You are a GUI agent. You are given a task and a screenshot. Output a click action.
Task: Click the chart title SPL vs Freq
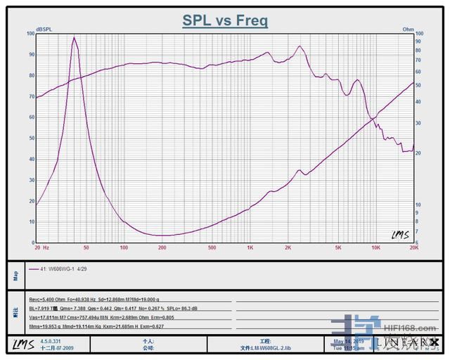(x=225, y=20)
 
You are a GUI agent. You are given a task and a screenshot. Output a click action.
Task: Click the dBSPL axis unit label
(x=44, y=30)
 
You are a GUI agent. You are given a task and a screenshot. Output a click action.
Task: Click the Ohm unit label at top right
(x=408, y=30)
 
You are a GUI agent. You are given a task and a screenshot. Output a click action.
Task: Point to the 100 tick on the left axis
(x=30, y=34)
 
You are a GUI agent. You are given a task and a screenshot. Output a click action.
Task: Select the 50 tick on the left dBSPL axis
(x=31, y=139)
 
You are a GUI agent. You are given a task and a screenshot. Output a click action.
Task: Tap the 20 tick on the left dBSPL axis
(x=31, y=201)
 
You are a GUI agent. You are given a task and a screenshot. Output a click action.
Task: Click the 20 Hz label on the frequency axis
(x=41, y=247)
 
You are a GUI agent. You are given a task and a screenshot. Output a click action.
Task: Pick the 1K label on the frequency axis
(x=250, y=247)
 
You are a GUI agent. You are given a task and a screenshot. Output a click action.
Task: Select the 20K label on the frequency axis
(x=413, y=247)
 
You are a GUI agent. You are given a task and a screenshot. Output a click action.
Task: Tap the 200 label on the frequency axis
(x=162, y=247)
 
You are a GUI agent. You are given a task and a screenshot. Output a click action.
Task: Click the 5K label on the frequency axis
(x=338, y=247)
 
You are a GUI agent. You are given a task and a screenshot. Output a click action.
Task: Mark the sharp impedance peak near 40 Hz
(x=74, y=38)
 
